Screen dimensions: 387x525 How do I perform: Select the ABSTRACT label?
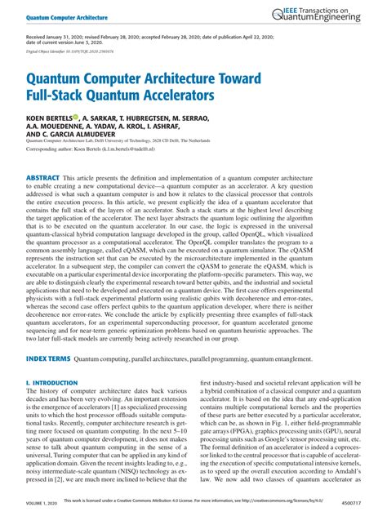click(42, 176)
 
